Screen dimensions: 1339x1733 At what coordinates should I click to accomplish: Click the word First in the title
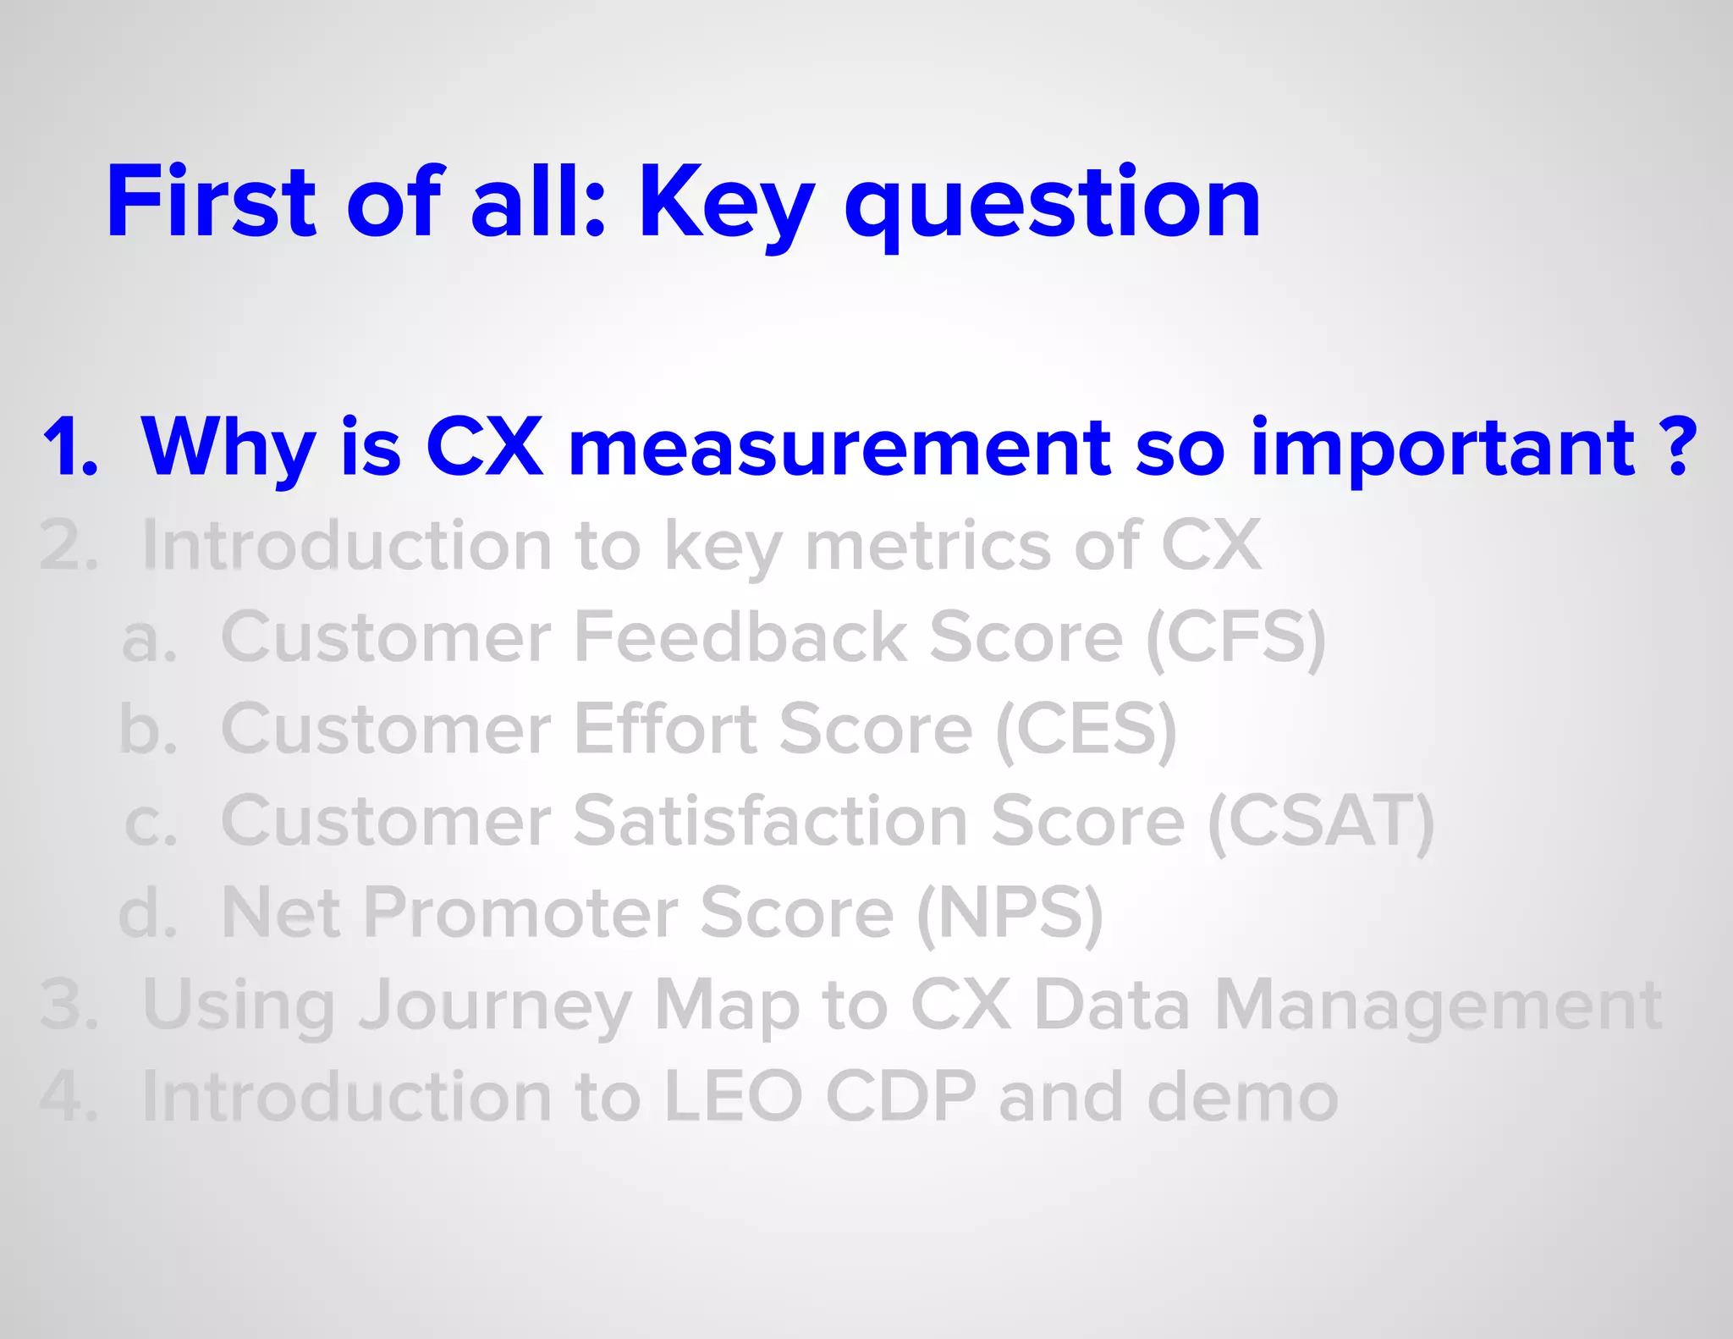(x=211, y=202)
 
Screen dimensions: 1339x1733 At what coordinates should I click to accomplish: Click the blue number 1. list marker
(x=70, y=448)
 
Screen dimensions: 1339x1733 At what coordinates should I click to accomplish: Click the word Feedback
(x=740, y=637)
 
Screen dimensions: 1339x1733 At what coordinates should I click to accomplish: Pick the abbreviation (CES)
(x=1087, y=730)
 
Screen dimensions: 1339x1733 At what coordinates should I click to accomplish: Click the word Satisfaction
(x=770, y=821)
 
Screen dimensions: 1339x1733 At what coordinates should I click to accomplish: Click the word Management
(x=1439, y=1006)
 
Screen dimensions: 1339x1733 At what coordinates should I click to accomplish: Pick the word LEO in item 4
(x=733, y=1098)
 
